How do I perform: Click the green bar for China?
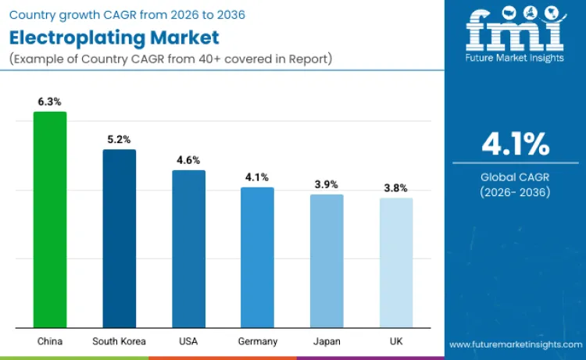[x=50, y=219]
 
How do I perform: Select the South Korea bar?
[x=120, y=238]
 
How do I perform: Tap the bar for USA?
[x=188, y=248]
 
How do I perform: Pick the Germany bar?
[x=257, y=257]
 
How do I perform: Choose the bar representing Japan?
[x=327, y=261]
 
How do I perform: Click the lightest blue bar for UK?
[x=396, y=262]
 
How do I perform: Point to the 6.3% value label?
[x=50, y=102]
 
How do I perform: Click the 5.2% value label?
[x=120, y=139]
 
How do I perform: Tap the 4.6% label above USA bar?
[x=188, y=159]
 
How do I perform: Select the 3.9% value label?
[x=327, y=184]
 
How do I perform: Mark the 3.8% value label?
[x=396, y=188]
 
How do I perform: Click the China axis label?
[x=50, y=341]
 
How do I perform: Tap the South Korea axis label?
[x=120, y=341]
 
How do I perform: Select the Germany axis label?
[x=257, y=341]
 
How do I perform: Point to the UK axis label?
[x=396, y=341]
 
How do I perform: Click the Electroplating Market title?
[x=114, y=37]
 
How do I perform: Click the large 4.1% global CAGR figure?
[x=515, y=144]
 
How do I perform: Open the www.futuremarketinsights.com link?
[x=515, y=344]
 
